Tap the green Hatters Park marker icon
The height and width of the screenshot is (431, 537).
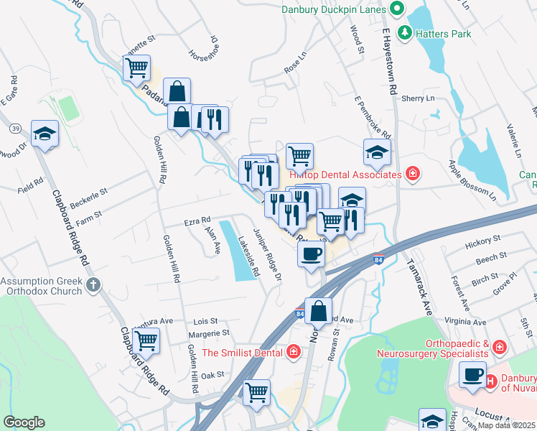405,32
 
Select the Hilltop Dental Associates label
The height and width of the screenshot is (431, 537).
345,175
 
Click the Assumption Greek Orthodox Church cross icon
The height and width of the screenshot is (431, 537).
92,285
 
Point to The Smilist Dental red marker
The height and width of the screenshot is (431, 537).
293,352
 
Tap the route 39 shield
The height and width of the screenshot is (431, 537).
14,129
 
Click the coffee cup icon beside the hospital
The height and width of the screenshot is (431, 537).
472,375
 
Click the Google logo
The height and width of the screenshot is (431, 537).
24,422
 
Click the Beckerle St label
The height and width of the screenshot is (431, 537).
88,193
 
